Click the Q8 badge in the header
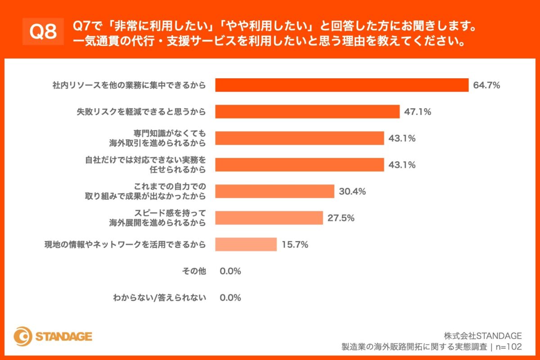click(x=43, y=31)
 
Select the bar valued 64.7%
click(x=342, y=85)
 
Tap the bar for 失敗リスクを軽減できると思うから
click(x=307, y=112)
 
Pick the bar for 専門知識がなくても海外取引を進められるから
click(x=299, y=138)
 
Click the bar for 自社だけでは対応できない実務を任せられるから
click(x=299, y=165)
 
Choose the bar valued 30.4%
click(x=274, y=191)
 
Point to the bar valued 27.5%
click(x=269, y=218)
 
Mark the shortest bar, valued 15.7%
click(x=246, y=244)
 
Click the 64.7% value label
click(x=486, y=85)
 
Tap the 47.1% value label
click(x=418, y=112)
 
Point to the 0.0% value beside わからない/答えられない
click(x=230, y=297)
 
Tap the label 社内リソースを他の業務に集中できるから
click(x=128, y=85)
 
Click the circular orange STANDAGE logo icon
click(x=22, y=337)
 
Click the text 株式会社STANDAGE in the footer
click(x=483, y=336)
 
